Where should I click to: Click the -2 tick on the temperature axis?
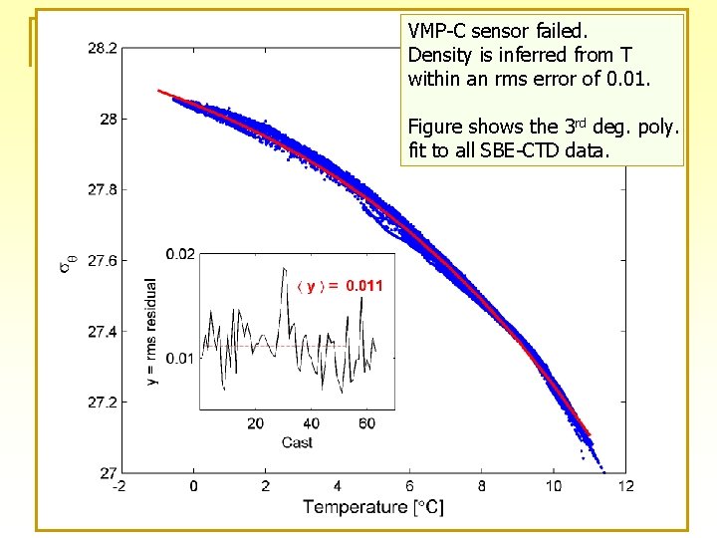pyautogui.click(x=119, y=486)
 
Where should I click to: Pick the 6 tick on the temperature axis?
pyautogui.click(x=409, y=486)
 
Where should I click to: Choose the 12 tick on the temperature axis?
pyautogui.click(x=625, y=486)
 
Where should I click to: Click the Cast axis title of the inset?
pyautogui.click(x=297, y=441)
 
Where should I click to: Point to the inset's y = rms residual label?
pyautogui.click(x=150, y=332)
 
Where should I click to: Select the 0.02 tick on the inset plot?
pyautogui.click(x=180, y=254)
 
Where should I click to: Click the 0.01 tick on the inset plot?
pyautogui.click(x=180, y=358)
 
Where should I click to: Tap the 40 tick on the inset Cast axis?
pyautogui.click(x=311, y=423)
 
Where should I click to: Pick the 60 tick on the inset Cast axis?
pyautogui.click(x=365, y=423)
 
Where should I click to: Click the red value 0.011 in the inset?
pyautogui.click(x=363, y=287)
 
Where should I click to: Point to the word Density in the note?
pyautogui.click(x=435, y=53)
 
